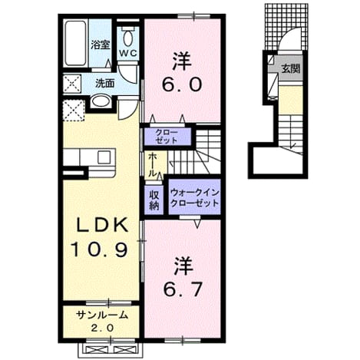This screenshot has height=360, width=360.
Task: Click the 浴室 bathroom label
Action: click(x=101, y=45)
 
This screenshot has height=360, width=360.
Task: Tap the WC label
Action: click(x=128, y=53)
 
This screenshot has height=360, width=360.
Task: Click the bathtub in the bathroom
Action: click(x=75, y=43)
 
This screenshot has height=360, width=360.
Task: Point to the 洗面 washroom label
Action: click(x=104, y=83)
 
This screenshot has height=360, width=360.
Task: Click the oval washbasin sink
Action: click(x=101, y=101)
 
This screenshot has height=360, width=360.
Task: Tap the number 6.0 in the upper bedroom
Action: click(x=182, y=84)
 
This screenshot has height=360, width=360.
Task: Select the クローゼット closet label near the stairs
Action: click(x=167, y=137)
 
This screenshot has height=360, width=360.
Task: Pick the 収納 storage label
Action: click(x=154, y=200)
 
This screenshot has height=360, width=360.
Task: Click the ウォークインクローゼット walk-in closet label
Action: click(x=194, y=198)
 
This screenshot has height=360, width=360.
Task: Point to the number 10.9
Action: click(x=99, y=249)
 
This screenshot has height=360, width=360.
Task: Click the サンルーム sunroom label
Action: click(x=102, y=315)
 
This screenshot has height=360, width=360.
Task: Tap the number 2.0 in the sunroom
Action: click(x=102, y=328)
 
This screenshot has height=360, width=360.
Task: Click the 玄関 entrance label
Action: click(x=291, y=68)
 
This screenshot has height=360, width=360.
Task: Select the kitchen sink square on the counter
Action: click(x=104, y=157)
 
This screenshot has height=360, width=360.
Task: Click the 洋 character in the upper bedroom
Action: click(x=182, y=61)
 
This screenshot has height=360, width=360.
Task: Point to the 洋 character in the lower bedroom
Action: click(x=183, y=266)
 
